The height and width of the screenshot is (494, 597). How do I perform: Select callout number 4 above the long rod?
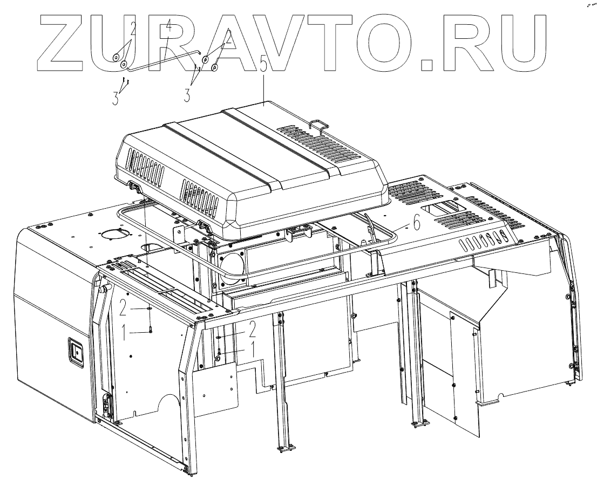click(x=168, y=25)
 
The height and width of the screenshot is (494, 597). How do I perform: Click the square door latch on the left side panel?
click(x=75, y=351)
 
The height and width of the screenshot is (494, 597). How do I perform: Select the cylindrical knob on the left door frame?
click(x=101, y=290)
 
